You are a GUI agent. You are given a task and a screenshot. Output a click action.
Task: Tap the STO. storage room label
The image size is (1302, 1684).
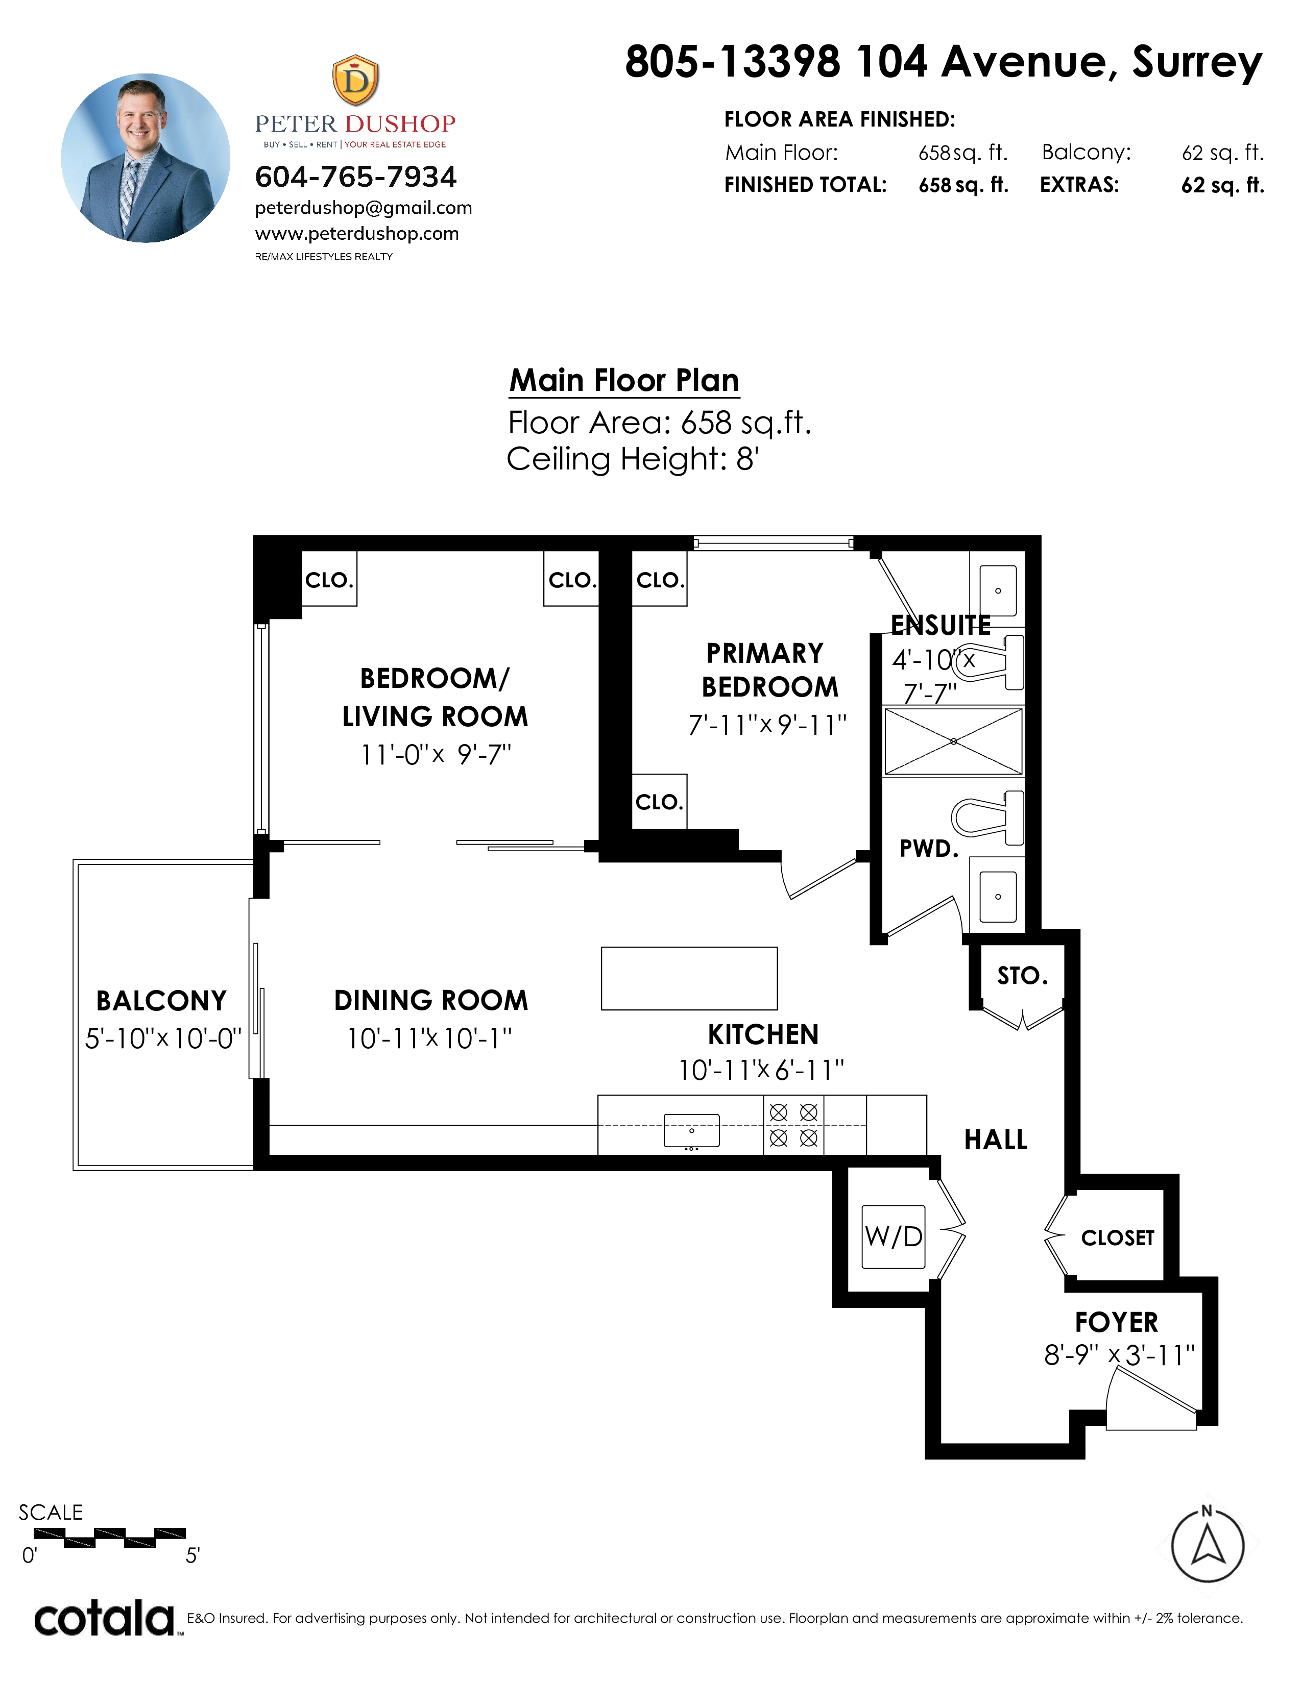[1022, 976]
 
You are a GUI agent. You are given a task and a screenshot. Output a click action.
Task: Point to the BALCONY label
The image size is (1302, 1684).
[161, 1001]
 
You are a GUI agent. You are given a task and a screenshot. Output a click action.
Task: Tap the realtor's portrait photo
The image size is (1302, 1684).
[146, 158]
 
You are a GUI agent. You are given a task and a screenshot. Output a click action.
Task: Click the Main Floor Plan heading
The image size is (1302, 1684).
[624, 380]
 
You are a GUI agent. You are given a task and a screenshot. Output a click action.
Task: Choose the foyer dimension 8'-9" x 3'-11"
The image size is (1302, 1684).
[1118, 1355]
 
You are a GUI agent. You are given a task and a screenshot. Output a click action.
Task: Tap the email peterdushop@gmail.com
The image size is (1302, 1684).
[364, 207]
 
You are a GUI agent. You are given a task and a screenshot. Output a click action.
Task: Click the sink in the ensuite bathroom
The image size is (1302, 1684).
[998, 590]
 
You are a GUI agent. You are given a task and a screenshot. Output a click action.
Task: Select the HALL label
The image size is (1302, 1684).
[996, 1140]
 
